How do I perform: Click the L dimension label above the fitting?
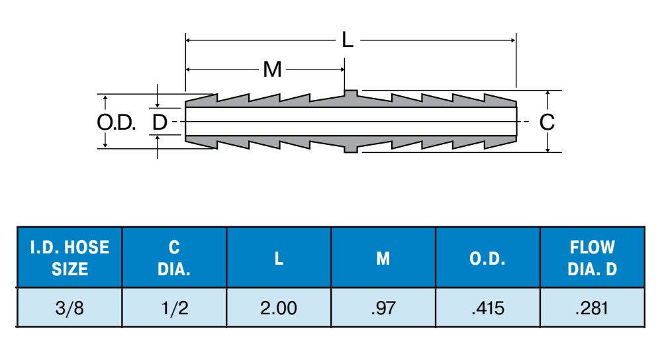coord(348,40)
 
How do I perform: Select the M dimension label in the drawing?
coord(272,69)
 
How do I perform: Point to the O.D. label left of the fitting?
coord(117,122)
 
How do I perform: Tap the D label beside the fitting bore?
coord(160,122)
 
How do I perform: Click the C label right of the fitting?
coord(547,122)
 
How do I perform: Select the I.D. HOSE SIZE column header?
coord(70,258)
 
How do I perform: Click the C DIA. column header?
coord(174,258)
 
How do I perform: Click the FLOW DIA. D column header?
coord(592,258)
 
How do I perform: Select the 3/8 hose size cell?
coord(70,308)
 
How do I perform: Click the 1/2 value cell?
coord(174,308)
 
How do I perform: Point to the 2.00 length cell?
coord(279,308)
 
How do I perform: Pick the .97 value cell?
coord(383,308)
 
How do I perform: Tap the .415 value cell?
coord(488,308)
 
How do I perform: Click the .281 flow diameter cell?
coord(592,308)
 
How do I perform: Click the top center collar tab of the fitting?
coord(352,93)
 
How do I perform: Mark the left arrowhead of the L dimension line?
coord(189,40)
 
